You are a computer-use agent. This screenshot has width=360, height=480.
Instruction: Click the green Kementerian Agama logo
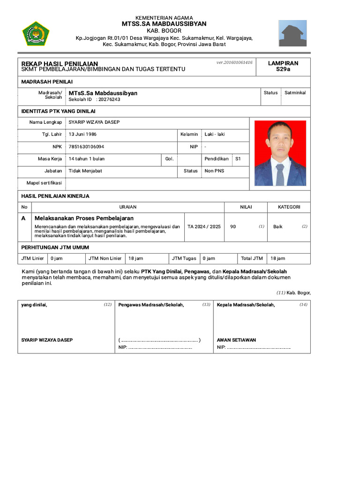pyautogui.click(x=35, y=33)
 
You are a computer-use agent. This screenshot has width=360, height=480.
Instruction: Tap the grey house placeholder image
pyautogui.click(x=292, y=33)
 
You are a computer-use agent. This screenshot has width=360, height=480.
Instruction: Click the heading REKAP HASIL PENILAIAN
pyautogui.click(x=60, y=63)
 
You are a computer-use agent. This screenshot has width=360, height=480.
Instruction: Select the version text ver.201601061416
pyautogui.click(x=234, y=62)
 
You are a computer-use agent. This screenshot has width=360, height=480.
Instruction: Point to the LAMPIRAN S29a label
pyautogui.click(x=283, y=66)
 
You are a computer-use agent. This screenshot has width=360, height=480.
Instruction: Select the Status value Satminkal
pyautogui.click(x=295, y=93)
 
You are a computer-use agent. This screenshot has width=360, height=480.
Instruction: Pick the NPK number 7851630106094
pyautogui.click(x=86, y=147)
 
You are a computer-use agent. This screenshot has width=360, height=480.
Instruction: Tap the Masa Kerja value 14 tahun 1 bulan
pyautogui.click(x=87, y=159)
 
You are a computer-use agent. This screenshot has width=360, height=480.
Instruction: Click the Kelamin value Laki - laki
pyautogui.click(x=215, y=134)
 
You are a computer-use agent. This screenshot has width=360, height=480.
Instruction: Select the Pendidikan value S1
pyautogui.click(x=238, y=159)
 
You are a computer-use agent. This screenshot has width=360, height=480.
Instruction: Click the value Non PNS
pyautogui.click(x=214, y=171)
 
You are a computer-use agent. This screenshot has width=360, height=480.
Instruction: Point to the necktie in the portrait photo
pyautogui.click(x=280, y=174)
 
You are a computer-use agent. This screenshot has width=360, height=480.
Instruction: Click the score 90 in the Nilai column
pyautogui.click(x=233, y=226)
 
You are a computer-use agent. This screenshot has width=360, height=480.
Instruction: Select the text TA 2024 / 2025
pyautogui.click(x=204, y=226)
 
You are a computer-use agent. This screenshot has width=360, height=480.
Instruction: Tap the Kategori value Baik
pyautogui.click(x=278, y=226)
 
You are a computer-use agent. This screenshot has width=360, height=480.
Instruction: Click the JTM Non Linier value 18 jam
pyautogui.click(x=135, y=258)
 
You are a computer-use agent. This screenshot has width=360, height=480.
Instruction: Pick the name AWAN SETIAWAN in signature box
pyautogui.click(x=236, y=340)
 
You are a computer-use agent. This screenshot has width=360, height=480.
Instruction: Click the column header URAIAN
pyautogui.click(x=127, y=207)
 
